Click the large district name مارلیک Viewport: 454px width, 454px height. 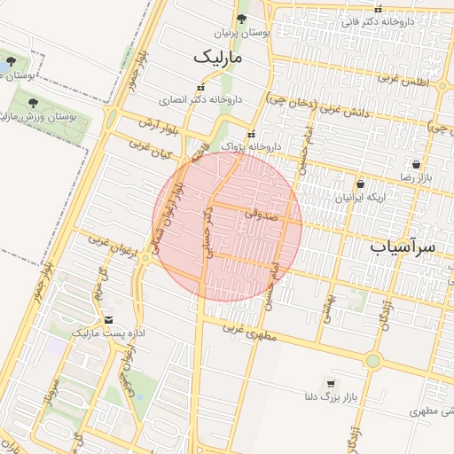pyautogui.click(x=215, y=58)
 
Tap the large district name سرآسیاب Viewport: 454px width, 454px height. pyautogui.click(x=403, y=247)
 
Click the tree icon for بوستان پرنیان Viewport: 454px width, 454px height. pyautogui.click(x=242, y=19)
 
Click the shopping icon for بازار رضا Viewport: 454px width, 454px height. pyautogui.click(x=416, y=164)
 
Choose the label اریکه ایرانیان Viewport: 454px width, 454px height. pyautogui.click(x=361, y=198)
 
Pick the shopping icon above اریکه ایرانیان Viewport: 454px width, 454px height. pyautogui.click(x=360, y=184)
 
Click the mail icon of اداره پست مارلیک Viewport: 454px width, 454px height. pyautogui.click(x=108, y=319)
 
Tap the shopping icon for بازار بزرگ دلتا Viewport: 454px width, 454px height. pyautogui.click(x=331, y=384)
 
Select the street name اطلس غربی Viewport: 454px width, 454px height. pyautogui.click(x=404, y=81)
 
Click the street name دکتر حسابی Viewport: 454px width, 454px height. pyautogui.click(x=209, y=233)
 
